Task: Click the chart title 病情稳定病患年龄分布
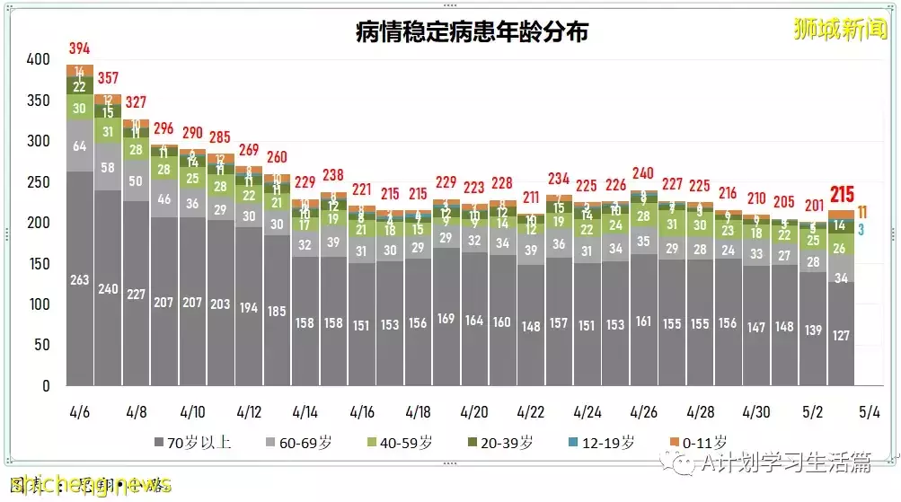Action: (x=472, y=33)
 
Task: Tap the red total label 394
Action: (x=79, y=48)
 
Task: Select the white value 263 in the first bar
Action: (x=79, y=280)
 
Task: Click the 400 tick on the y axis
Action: (x=38, y=60)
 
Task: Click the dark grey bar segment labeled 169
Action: (x=446, y=318)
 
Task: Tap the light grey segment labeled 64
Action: (x=79, y=145)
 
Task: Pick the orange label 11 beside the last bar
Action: (x=862, y=212)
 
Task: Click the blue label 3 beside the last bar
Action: (x=861, y=229)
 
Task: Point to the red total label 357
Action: (x=108, y=78)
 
